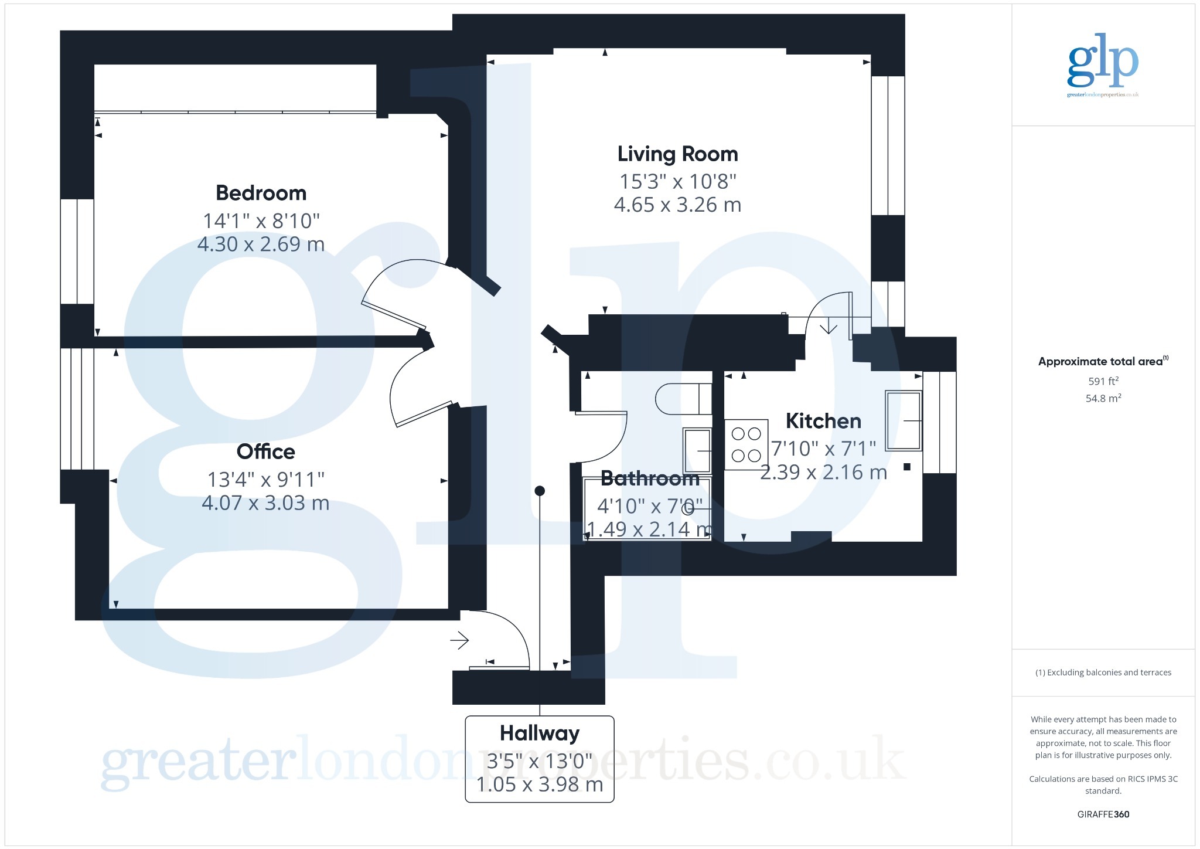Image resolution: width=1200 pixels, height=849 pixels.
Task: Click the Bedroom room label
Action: (x=261, y=193)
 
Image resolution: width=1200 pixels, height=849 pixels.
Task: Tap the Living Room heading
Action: (x=677, y=154)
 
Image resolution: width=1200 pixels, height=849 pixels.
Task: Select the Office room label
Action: (x=265, y=451)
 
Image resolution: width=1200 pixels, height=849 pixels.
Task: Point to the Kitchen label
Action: (x=823, y=421)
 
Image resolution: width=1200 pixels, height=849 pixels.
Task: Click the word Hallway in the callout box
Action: (x=540, y=733)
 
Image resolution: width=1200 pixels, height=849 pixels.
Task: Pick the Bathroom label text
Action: (x=650, y=478)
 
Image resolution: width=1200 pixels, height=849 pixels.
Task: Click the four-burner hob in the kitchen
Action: (x=746, y=444)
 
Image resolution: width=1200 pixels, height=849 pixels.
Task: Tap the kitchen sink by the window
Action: (x=904, y=420)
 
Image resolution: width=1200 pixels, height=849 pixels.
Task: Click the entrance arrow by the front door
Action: (x=459, y=640)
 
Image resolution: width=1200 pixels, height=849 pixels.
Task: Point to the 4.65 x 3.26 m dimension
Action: (x=677, y=205)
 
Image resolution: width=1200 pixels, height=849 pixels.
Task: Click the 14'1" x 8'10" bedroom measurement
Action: (x=261, y=221)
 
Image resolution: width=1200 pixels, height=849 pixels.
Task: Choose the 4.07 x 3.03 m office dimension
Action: (x=265, y=503)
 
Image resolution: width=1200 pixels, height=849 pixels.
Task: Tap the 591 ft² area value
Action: (x=1103, y=381)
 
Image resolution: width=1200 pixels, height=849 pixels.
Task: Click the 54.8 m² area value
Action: (x=1103, y=398)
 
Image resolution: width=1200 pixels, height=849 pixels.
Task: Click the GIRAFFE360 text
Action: (x=1103, y=814)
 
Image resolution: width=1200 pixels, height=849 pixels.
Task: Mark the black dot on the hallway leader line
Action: (x=540, y=491)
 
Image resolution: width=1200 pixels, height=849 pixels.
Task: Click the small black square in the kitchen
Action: (x=907, y=467)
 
